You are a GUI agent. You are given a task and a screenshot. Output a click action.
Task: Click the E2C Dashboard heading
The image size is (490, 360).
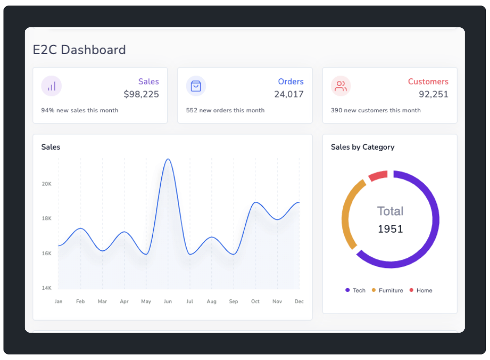point(79,50)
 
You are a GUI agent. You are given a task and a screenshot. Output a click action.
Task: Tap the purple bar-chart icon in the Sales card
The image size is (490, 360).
point(51,86)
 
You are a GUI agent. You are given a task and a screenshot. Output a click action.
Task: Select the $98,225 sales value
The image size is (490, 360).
point(141,94)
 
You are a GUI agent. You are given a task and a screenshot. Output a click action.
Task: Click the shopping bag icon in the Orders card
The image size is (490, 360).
point(196,86)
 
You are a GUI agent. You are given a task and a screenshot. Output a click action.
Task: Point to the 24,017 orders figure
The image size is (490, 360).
point(289,94)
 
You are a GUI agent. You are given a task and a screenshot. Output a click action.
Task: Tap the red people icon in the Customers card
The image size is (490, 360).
point(341,86)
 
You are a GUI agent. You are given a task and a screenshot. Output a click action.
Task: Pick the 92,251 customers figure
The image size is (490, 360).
point(433,94)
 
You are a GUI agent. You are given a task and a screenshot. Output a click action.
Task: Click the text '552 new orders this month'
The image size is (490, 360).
point(225,110)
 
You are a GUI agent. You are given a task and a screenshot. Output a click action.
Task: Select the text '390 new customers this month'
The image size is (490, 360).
point(376,110)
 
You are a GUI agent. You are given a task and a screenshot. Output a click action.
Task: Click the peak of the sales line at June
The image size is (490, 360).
point(167,159)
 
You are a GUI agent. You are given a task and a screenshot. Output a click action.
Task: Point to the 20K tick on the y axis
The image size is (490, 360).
point(47,184)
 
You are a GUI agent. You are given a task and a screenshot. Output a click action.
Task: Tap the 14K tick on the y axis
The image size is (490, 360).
point(47,288)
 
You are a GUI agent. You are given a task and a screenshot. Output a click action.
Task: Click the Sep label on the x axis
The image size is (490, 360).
point(233,301)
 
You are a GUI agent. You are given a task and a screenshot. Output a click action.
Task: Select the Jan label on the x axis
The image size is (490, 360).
point(59,301)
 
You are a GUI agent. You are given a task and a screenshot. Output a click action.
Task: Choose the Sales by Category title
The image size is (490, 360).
point(363,147)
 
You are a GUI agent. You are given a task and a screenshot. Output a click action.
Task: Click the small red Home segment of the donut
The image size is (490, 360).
point(378,175)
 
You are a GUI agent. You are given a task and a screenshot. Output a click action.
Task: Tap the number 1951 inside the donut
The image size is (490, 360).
point(390,229)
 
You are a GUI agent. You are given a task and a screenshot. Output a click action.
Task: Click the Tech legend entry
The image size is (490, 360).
point(355,290)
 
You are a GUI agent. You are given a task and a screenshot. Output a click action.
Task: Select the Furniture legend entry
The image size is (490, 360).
point(387,290)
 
